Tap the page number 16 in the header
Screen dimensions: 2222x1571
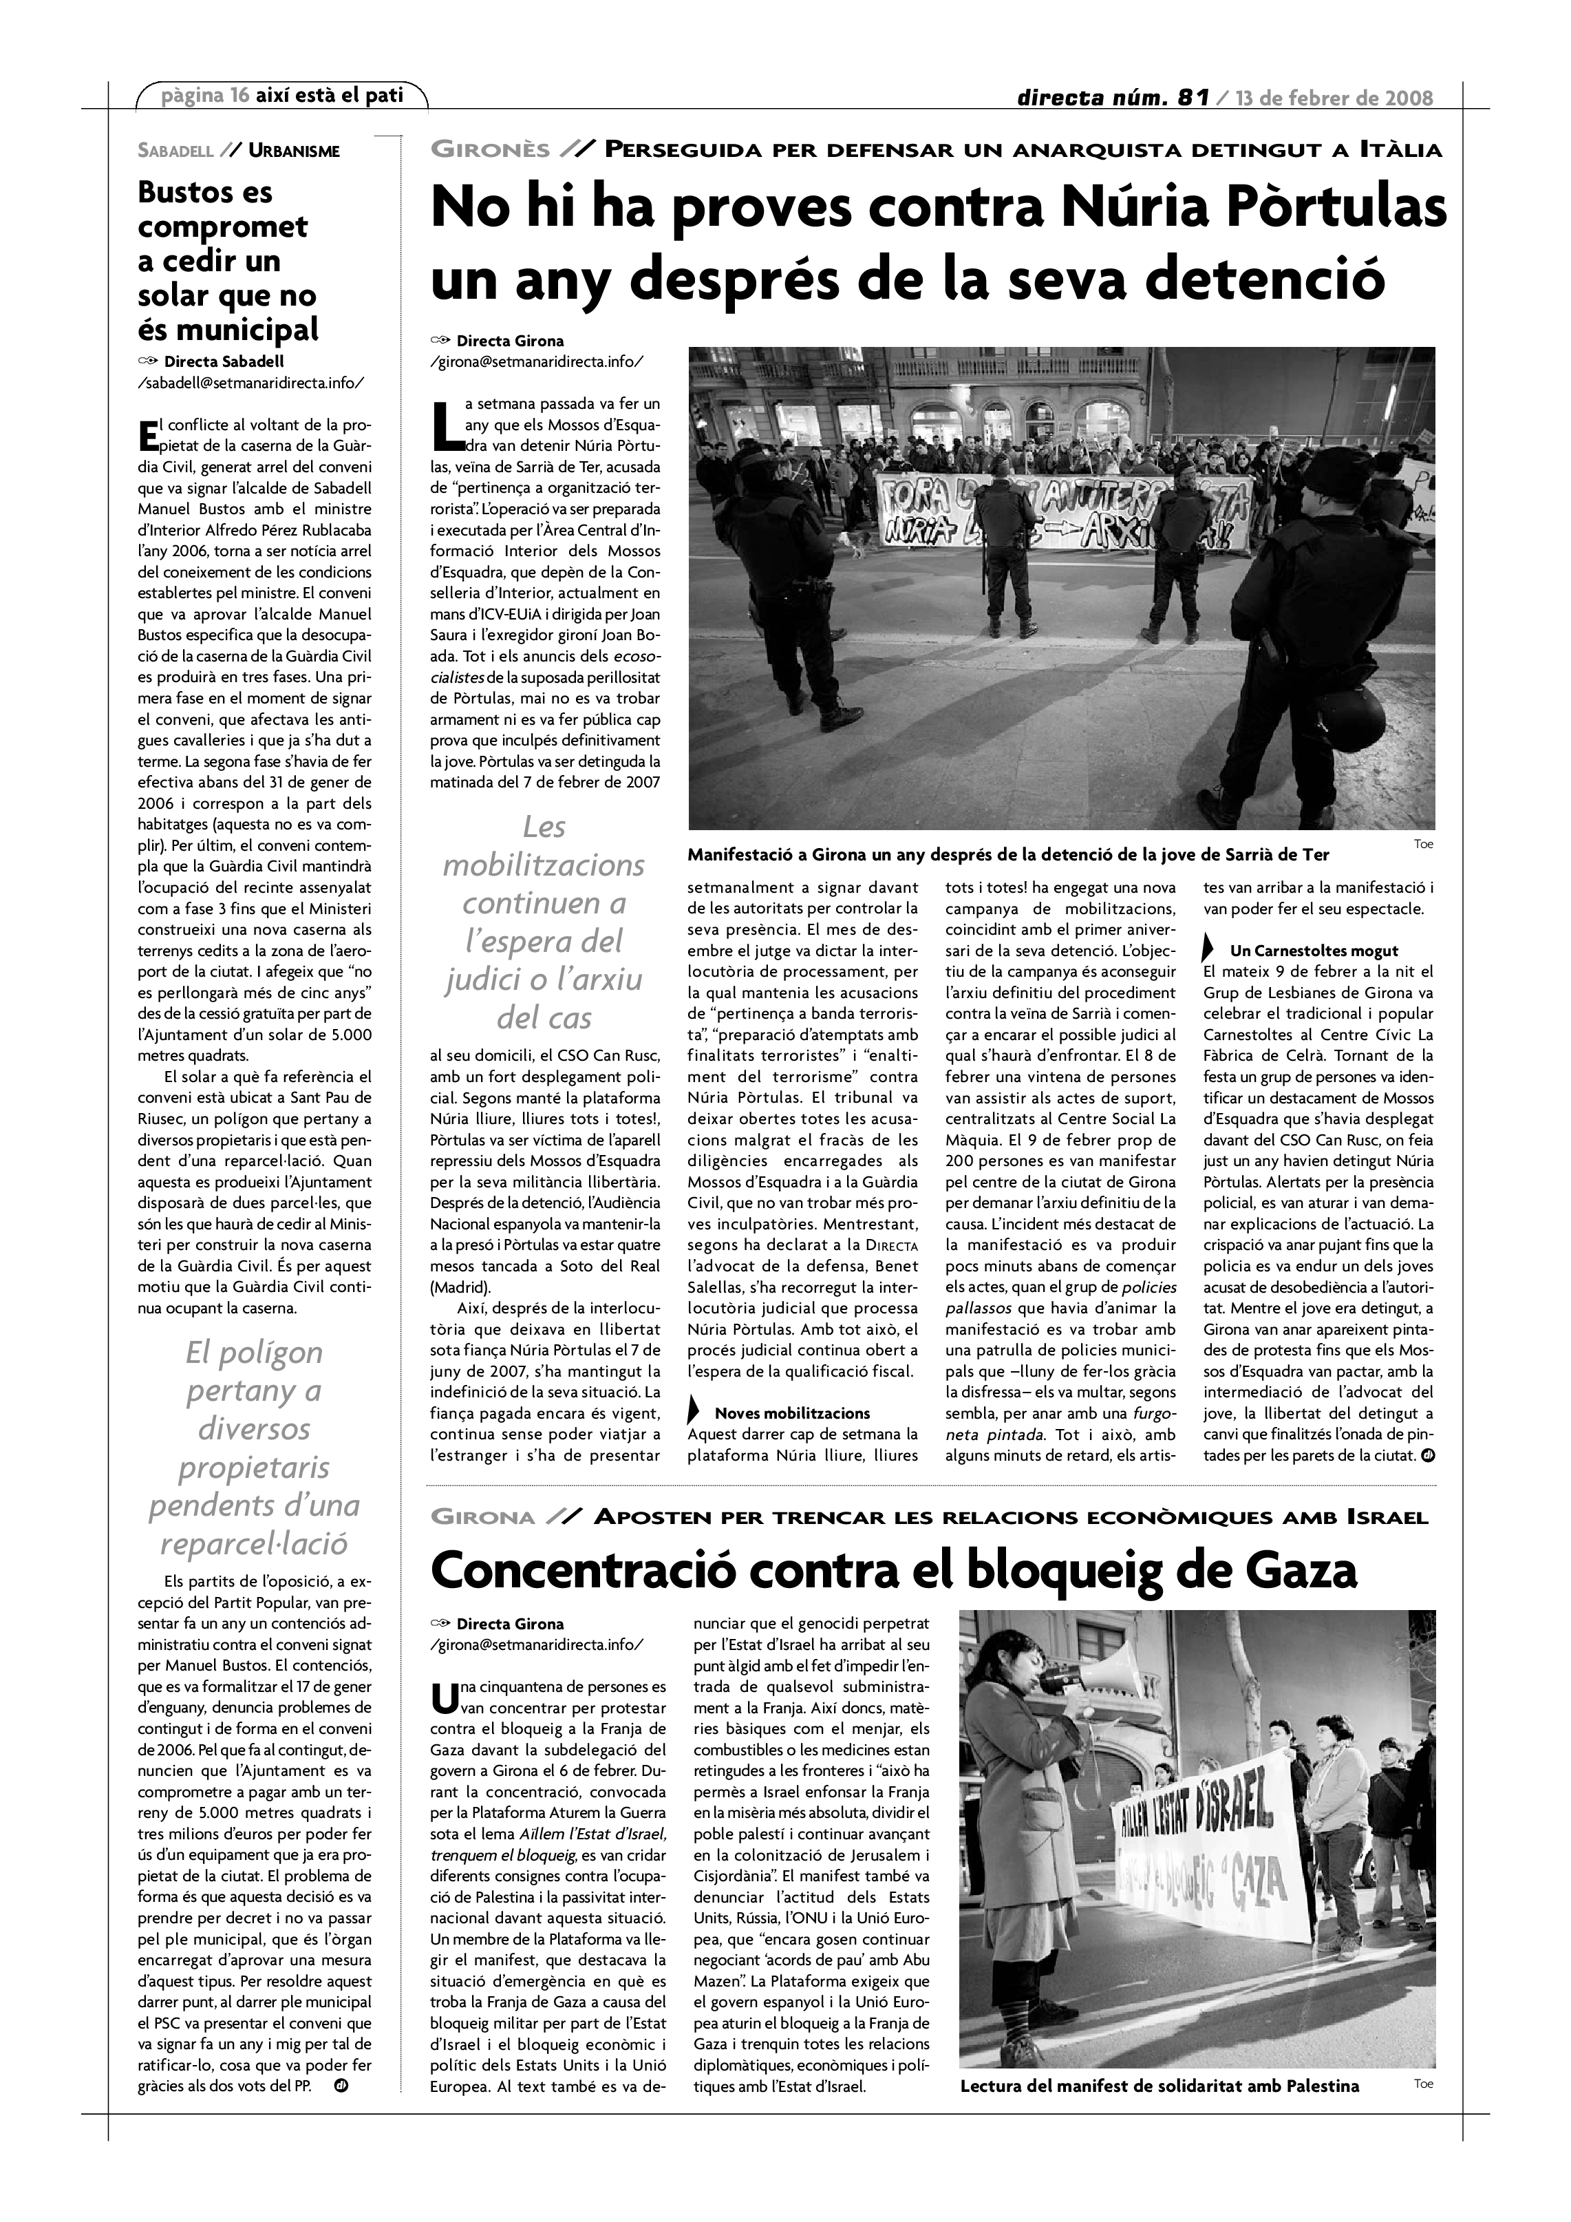point(240,96)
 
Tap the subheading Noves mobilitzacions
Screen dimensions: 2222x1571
point(792,1413)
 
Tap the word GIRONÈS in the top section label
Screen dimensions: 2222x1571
point(489,150)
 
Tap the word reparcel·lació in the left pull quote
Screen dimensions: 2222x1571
point(253,1543)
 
